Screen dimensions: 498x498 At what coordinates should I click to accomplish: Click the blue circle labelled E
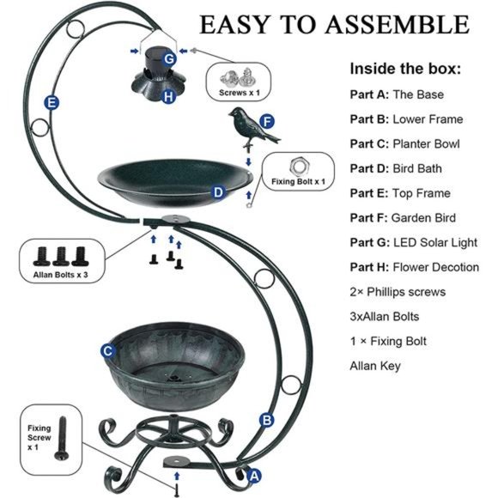(52, 103)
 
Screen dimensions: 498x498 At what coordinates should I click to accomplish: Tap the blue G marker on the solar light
(170, 58)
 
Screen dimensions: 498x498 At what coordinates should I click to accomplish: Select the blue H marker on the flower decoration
(169, 96)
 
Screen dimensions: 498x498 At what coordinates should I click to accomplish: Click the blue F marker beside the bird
(267, 122)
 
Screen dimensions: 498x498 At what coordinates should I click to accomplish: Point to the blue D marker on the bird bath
(219, 192)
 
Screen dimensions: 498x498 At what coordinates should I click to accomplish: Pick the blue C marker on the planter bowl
(108, 351)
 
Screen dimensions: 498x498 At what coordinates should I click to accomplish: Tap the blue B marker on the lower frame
(267, 420)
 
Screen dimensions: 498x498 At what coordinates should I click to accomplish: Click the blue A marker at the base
(254, 476)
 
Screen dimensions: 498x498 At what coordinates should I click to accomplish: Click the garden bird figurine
(253, 130)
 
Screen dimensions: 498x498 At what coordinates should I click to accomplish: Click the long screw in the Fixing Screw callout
(62, 438)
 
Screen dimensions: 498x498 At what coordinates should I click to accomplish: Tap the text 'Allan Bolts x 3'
(60, 275)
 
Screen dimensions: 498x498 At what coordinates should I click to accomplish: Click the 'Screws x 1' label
(240, 93)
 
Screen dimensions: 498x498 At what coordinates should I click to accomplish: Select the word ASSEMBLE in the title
(397, 24)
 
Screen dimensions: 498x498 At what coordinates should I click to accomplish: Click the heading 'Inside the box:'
(405, 69)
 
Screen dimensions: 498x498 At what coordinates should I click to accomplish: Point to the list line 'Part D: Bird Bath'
(396, 168)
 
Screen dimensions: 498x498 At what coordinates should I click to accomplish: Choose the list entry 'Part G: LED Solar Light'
(414, 242)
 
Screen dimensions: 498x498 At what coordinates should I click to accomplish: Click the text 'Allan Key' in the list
(375, 366)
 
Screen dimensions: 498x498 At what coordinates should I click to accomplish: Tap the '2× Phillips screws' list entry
(398, 292)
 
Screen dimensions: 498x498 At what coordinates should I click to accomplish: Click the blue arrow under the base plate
(177, 476)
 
